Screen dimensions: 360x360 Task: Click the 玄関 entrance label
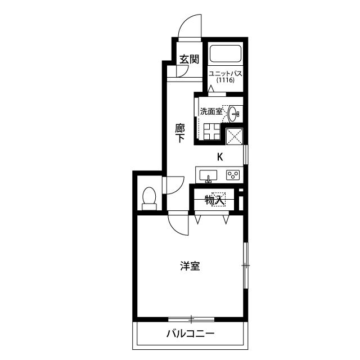coord(189,59)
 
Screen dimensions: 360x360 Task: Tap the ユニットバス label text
coord(225,73)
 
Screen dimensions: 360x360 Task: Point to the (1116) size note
coord(225,81)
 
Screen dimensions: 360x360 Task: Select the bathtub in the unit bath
coord(226,54)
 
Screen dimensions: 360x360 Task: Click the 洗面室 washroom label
coord(210,111)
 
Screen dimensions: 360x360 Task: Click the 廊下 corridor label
coord(179,134)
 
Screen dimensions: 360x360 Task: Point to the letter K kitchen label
coord(220,157)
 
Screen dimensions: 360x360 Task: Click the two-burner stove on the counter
coord(233,175)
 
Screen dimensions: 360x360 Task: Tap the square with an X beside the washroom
coord(233,136)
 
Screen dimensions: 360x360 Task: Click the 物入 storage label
coord(214,200)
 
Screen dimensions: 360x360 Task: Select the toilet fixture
coord(149,199)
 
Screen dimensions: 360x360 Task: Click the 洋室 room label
coord(191,266)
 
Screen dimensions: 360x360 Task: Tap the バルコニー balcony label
coord(190,334)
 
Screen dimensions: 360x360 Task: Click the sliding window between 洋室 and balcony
coord(191,319)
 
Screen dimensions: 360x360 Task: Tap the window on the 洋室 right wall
coord(245,265)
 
